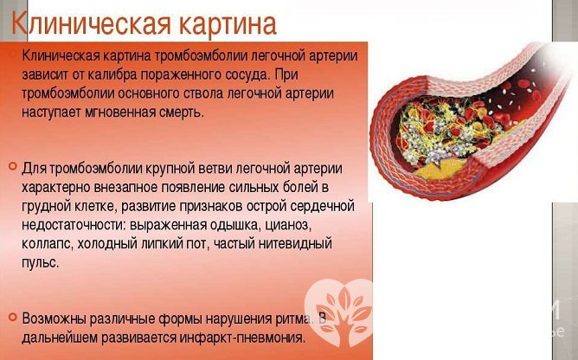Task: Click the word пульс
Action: (x=42, y=262)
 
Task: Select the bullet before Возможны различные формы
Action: (x=10, y=318)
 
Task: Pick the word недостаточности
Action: (x=76, y=224)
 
